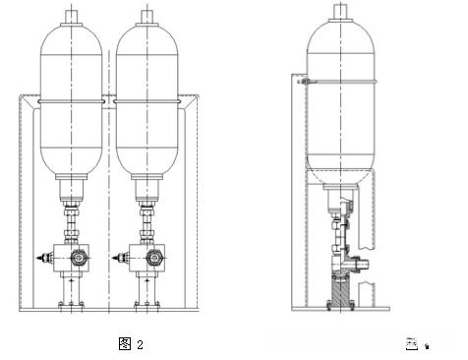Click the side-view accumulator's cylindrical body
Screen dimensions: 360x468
click(343, 98)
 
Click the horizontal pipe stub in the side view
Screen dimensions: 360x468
click(363, 263)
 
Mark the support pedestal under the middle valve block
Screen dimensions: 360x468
click(149, 290)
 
